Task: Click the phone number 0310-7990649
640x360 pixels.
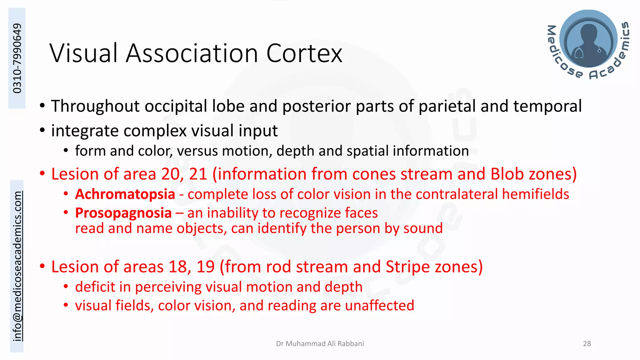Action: click(x=17, y=58)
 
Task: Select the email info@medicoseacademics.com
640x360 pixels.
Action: click(x=17, y=266)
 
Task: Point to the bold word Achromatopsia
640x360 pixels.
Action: click(x=125, y=194)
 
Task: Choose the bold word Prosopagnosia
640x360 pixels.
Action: click(x=123, y=213)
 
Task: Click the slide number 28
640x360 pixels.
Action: click(x=587, y=343)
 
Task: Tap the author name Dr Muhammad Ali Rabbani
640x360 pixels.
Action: click(x=320, y=343)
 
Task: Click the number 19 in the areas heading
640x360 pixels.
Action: click(x=205, y=267)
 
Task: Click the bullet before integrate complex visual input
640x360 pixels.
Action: click(x=42, y=130)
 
